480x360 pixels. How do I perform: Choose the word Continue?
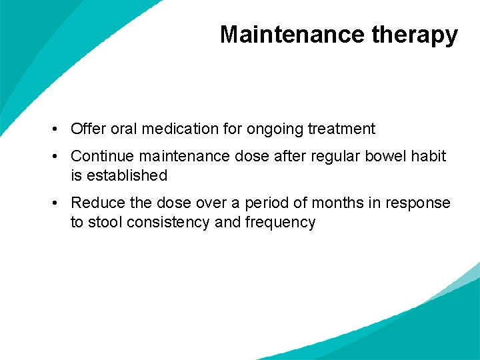coord(101,156)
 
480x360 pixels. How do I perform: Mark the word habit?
coord(429,156)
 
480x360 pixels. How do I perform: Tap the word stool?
coord(102,223)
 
